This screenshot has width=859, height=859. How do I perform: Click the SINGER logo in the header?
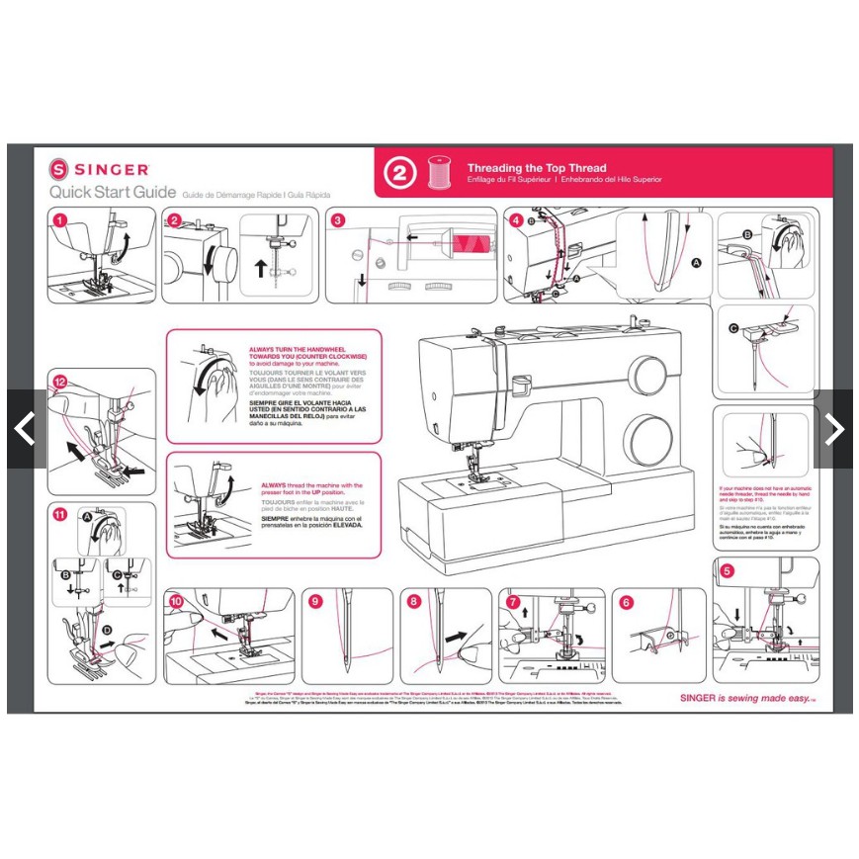[x=100, y=170]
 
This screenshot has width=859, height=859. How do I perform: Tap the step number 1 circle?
[x=60, y=220]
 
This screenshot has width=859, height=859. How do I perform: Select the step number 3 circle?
[x=338, y=220]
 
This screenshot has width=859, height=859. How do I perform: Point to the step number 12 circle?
[x=60, y=382]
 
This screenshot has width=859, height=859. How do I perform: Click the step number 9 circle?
[x=315, y=600]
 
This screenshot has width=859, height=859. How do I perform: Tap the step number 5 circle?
[x=728, y=570]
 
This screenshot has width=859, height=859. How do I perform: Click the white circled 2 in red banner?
[x=400, y=174]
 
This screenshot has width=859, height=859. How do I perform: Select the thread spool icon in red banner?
[x=436, y=174]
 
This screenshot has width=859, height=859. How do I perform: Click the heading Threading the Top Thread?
[x=537, y=168]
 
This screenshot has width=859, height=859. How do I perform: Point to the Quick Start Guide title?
[x=113, y=192]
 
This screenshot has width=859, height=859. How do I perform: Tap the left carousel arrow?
[x=24, y=429]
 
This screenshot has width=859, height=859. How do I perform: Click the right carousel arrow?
[x=834, y=429]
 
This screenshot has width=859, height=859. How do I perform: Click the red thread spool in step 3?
[x=465, y=239]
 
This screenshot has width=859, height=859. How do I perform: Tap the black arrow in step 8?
[x=458, y=638]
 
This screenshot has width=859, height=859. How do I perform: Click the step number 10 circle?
[x=176, y=600]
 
